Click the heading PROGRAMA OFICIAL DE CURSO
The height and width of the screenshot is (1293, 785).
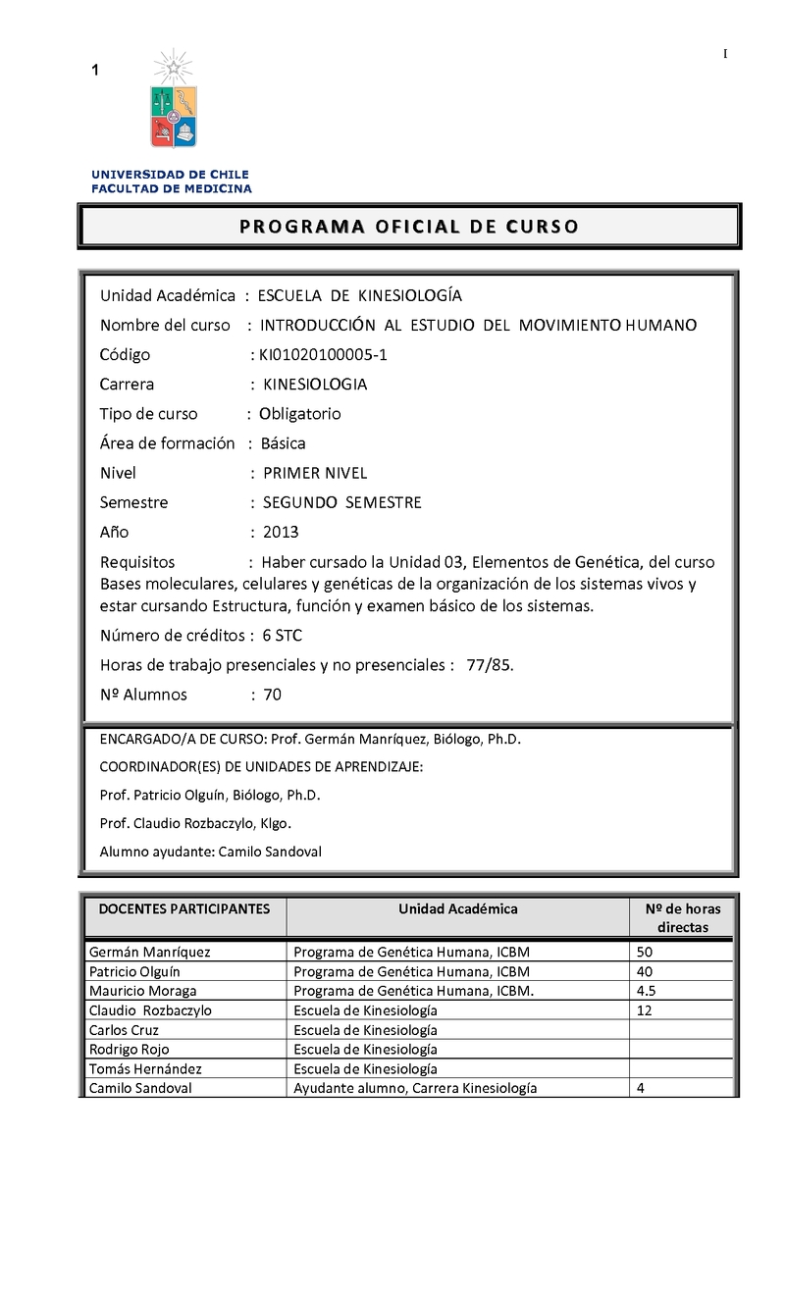(x=409, y=227)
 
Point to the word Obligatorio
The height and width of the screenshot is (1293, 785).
(x=300, y=414)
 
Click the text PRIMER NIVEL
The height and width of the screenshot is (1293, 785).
(x=315, y=473)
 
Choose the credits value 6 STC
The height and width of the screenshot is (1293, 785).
(x=282, y=636)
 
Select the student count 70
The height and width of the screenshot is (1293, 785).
(x=273, y=695)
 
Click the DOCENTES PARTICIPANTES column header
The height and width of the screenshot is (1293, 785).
(x=184, y=909)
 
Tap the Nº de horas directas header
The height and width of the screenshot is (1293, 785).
(x=682, y=918)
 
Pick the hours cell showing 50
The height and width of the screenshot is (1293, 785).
(x=645, y=952)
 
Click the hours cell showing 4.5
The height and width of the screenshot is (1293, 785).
(x=647, y=991)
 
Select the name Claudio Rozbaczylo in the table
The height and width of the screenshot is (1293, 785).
(x=150, y=1010)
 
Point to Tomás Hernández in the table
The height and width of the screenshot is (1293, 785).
(x=139, y=1068)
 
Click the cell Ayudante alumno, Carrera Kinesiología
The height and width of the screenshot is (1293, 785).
(x=415, y=1088)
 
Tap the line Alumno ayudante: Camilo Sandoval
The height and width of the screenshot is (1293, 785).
(x=211, y=852)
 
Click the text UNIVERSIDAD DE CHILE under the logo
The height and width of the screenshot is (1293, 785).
(x=171, y=175)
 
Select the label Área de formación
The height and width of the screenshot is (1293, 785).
(x=168, y=443)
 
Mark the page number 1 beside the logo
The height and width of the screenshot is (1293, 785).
(x=95, y=70)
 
